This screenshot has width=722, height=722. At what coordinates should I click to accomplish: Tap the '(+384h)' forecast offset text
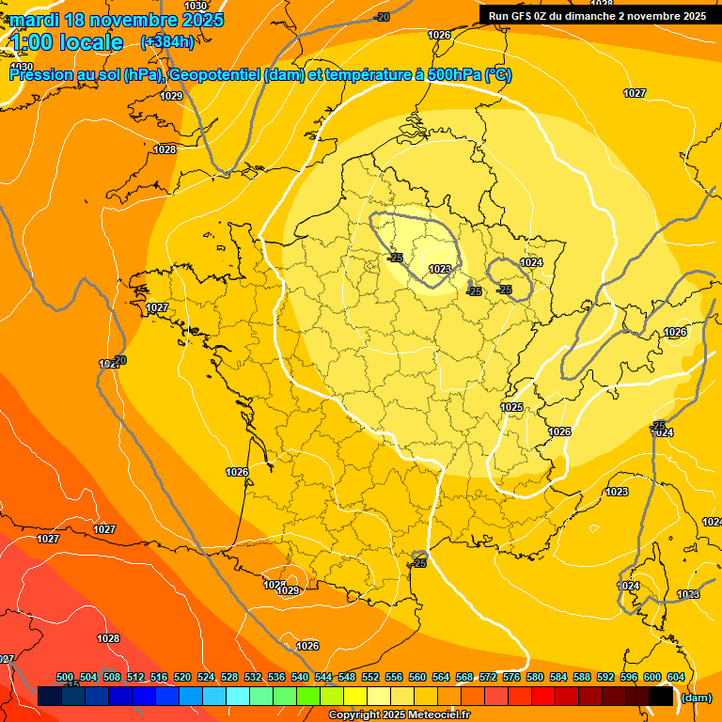(x=167, y=41)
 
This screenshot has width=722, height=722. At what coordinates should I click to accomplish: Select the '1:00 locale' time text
(x=67, y=42)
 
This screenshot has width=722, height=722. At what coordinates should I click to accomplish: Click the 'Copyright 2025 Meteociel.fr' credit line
(x=399, y=715)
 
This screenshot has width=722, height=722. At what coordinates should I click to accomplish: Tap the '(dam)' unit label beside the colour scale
(x=695, y=698)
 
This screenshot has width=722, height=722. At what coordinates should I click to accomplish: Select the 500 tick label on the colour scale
(x=65, y=678)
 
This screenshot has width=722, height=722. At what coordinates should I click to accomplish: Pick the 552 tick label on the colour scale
(x=371, y=678)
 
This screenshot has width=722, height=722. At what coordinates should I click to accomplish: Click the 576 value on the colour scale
(x=512, y=678)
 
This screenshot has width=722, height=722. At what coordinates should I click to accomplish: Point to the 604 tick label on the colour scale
(x=675, y=678)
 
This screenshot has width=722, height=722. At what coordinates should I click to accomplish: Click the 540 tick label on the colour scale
(x=300, y=678)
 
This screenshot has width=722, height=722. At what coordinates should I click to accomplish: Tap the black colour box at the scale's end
(x=662, y=697)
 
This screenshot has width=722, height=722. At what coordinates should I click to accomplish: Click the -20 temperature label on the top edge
(x=382, y=17)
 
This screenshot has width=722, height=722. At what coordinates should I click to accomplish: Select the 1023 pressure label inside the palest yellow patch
(x=439, y=269)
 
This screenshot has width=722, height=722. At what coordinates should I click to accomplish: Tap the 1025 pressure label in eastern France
(x=511, y=407)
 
